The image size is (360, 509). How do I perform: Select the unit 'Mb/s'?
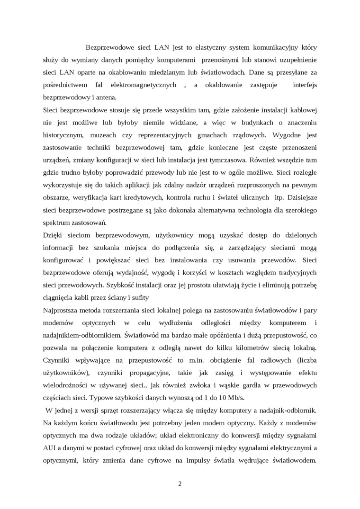pos(233,396)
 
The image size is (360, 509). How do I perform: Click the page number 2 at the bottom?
pos(180,483)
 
